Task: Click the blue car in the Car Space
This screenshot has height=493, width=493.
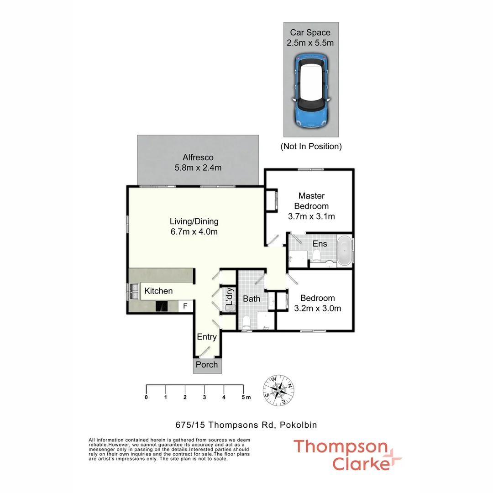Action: coord(311,90)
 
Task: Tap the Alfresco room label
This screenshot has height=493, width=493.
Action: coord(198,157)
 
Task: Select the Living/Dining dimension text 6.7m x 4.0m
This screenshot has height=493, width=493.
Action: coord(194,232)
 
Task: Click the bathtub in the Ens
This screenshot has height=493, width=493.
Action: coord(345,251)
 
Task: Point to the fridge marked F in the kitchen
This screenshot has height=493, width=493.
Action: coord(185,306)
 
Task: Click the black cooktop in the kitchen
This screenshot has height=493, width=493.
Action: coord(162,306)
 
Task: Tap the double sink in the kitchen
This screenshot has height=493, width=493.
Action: coord(134,291)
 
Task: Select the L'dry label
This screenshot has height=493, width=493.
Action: coord(230,296)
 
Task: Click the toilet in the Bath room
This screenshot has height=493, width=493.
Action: coord(246,323)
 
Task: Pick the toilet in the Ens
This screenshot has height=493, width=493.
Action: coord(316,256)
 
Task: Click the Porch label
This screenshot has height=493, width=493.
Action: coord(207,365)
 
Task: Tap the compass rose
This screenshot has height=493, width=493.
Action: coord(278,390)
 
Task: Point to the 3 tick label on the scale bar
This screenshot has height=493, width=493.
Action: coord(205,398)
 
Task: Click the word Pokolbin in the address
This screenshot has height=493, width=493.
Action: coord(299,425)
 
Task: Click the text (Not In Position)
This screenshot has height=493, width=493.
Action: coord(311,147)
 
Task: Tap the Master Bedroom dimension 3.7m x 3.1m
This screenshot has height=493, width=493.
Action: coord(311,216)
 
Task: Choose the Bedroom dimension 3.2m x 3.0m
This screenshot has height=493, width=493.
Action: coord(318,309)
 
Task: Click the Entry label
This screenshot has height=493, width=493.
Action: coord(207,337)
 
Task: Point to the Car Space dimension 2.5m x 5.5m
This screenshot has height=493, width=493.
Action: coord(310,43)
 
